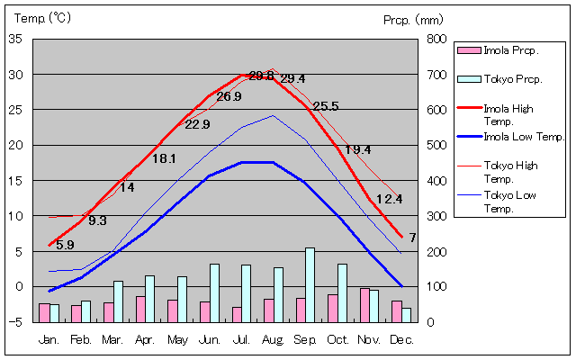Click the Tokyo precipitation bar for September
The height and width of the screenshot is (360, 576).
pyautogui.click(x=310, y=284)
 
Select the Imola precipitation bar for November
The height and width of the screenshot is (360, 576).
pyautogui.click(x=364, y=304)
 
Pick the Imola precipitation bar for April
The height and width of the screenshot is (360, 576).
pyautogui.click(x=140, y=309)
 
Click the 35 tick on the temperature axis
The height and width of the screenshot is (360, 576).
pyautogui.click(x=15, y=39)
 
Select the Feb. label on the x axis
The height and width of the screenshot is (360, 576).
pyautogui.click(x=81, y=339)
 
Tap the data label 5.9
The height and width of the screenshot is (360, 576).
pyautogui.click(x=65, y=245)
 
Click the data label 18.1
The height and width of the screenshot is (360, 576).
pyautogui.click(x=164, y=158)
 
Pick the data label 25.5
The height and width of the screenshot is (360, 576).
pyautogui.click(x=326, y=106)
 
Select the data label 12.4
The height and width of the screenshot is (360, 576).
pyautogui.click(x=389, y=199)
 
